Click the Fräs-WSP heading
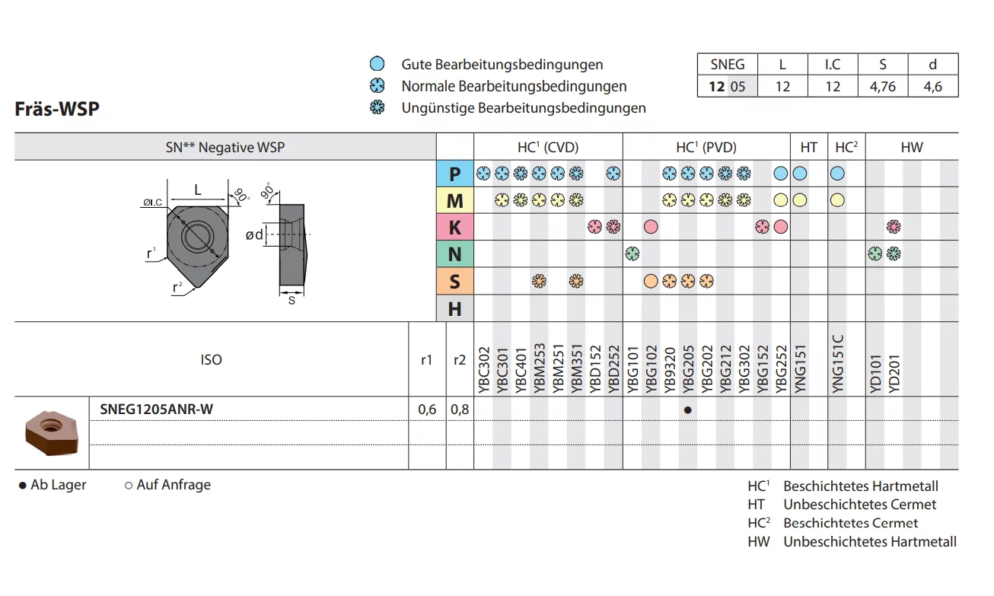pos(57,109)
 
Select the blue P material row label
pos(455,174)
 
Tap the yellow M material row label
pos(455,201)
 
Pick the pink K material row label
pos(455,228)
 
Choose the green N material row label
pos(455,254)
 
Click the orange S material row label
pos(455,282)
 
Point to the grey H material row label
pos(455,308)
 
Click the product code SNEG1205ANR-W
pos(157,410)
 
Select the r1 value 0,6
pos(427,410)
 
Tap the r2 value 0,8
pos(460,410)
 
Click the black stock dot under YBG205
pos(688,410)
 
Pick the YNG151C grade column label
pos(837,364)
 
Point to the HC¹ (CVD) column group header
pos(548,148)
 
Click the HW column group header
pos(911,148)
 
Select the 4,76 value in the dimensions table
pos(883,87)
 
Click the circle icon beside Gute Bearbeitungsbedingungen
pos(377,65)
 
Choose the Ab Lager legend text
pos(53,485)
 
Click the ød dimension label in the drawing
pos(254,235)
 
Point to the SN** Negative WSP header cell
pos(225,148)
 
